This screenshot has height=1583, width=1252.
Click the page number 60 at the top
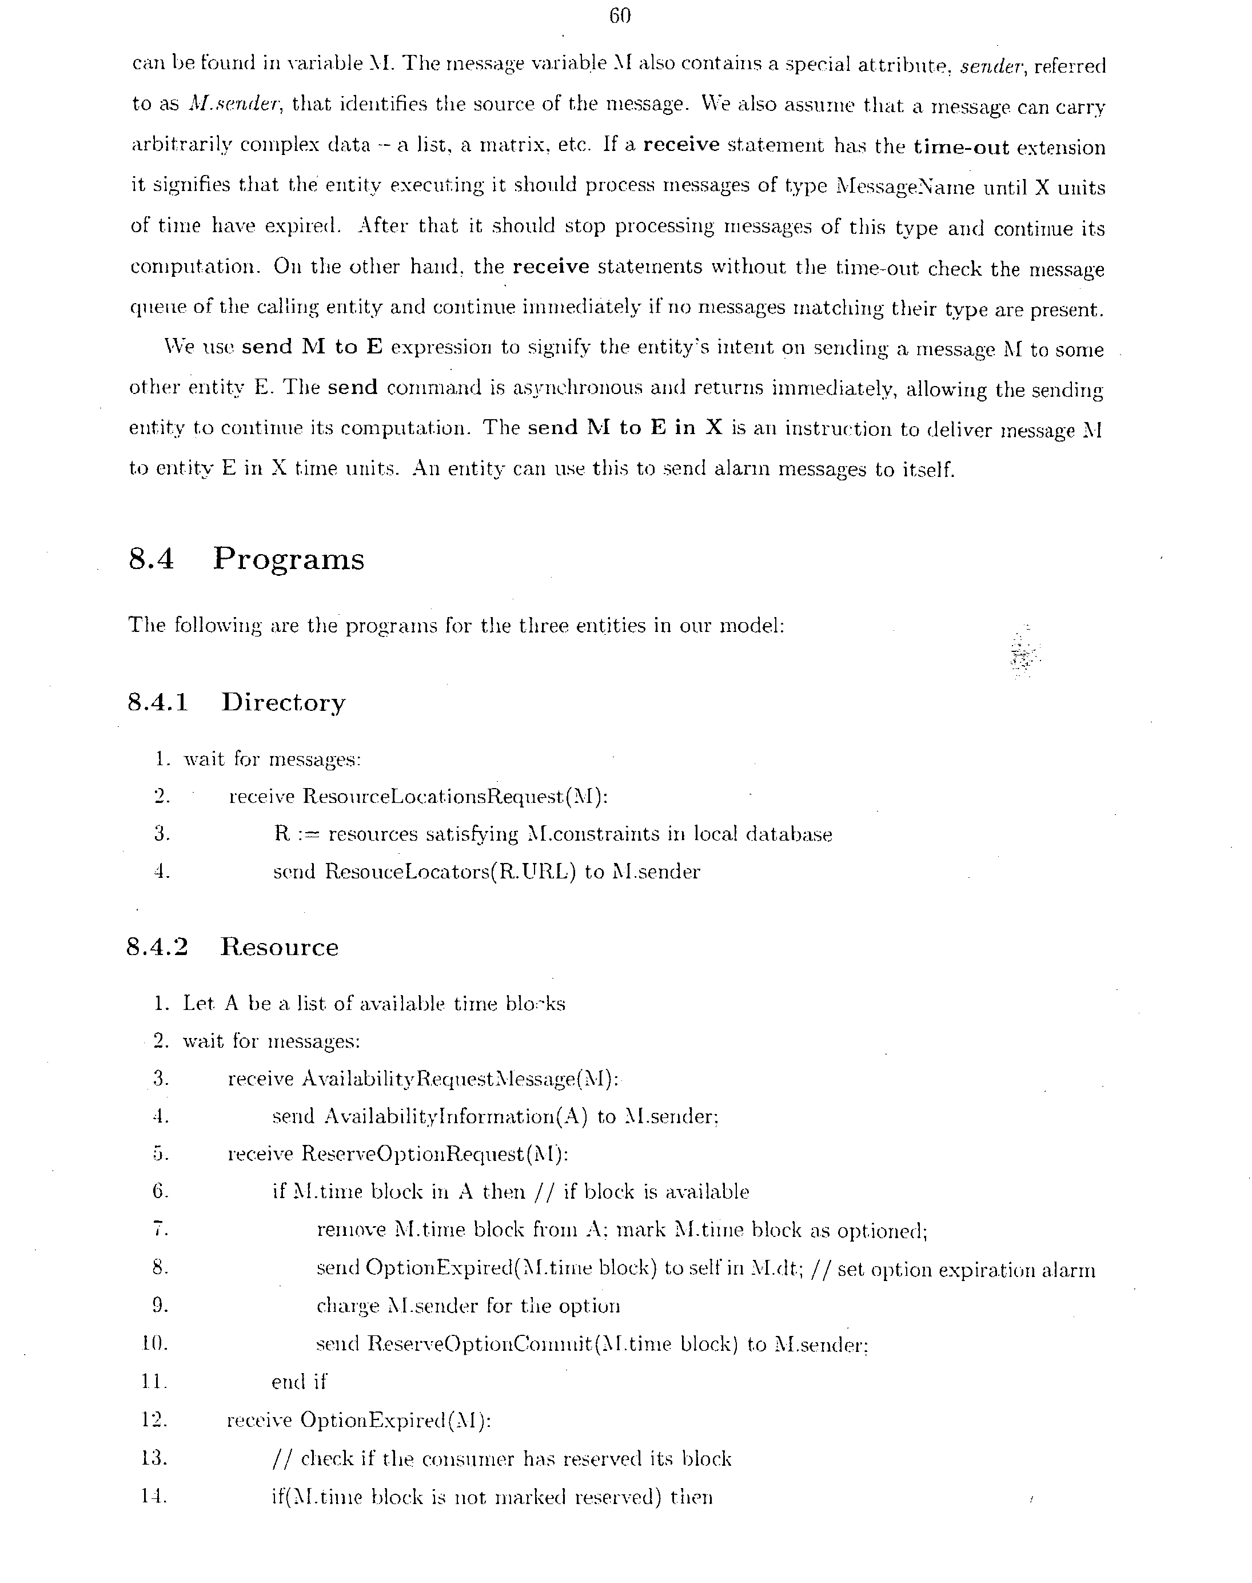click(619, 16)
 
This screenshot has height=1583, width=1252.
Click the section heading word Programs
click(288, 559)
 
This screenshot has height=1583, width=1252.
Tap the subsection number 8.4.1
click(158, 702)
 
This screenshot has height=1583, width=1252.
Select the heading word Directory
click(283, 702)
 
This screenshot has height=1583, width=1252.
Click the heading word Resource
click(280, 946)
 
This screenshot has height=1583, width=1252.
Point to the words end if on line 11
click(298, 1382)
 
